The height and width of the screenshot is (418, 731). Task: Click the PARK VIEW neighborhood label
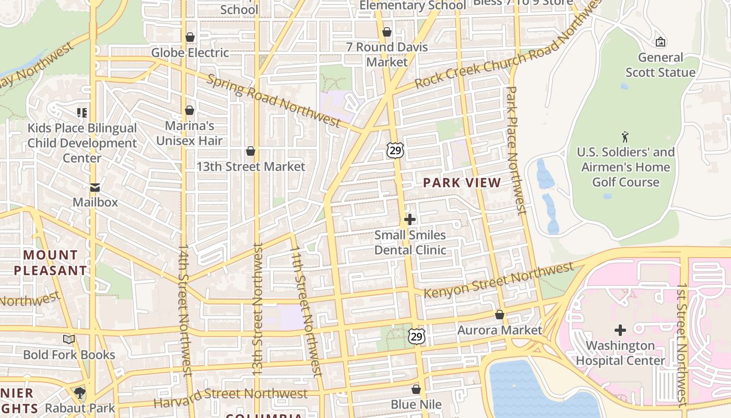click(x=462, y=183)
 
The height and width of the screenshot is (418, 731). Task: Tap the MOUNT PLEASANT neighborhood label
click(x=51, y=263)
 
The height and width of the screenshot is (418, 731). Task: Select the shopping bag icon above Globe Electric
click(x=190, y=38)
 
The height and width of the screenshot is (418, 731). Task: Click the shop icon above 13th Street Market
click(x=251, y=152)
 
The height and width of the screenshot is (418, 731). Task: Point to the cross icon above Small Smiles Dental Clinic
click(x=410, y=219)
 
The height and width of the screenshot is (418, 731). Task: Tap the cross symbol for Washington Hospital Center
click(x=620, y=330)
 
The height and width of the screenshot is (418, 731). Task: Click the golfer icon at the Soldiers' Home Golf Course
click(x=625, y=137)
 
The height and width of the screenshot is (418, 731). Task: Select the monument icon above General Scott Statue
click(x=661, y=42)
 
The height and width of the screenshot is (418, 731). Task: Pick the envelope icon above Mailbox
click(x=95, y=187)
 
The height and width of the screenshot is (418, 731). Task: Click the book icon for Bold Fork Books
click(x=69, y=340)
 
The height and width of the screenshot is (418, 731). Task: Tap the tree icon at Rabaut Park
click(x=80, y=392)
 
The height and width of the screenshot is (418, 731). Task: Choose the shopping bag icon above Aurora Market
click(x=500, y=315)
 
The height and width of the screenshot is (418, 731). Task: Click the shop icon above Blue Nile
click(x=416, y=389)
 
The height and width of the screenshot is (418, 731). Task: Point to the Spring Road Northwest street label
click(x=274, y=100)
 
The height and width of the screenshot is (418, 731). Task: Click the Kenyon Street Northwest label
click(x=499, y=281)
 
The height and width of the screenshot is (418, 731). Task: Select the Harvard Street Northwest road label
click(x=231, y=398)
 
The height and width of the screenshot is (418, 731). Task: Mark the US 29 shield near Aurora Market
click(x=416, y=336)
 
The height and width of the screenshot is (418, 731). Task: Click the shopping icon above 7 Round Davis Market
click(x=387, y=32)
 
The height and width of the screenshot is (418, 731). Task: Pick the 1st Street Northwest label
click(x=682, y=345)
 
